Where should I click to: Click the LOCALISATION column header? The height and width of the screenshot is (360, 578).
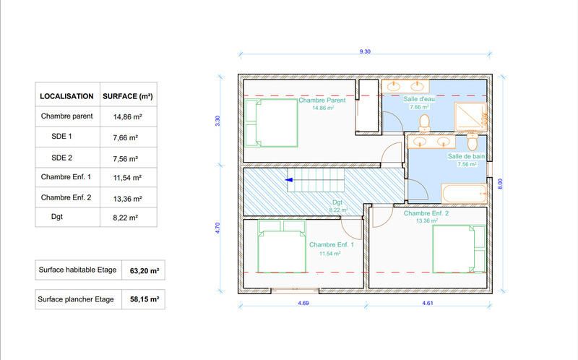pyautogui.click(x=66, y=95)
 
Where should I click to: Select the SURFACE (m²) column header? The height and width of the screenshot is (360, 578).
pyautogui.click(x=127, y=95)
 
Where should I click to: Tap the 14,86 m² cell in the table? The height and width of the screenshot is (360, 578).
pyautogui.click(x=126, y=116)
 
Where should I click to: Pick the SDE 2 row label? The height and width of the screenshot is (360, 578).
pyautogui.click(x=61, y=157)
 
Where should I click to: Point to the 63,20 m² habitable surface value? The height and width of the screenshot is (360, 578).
pyautogui.click(x=144, y=271)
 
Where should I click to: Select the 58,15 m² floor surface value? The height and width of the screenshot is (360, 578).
pyautogui.click(x=144, y=299)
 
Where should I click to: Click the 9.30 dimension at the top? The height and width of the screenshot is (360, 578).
pyautogui.click(x=366, y=52)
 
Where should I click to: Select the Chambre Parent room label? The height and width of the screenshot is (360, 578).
pyautogui.click(x=322, y=100)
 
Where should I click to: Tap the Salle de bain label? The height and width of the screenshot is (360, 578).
pyautogui.click(x=466, y=156)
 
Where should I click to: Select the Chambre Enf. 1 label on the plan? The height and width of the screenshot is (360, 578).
pyautogui.click(x=331, y=245)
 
